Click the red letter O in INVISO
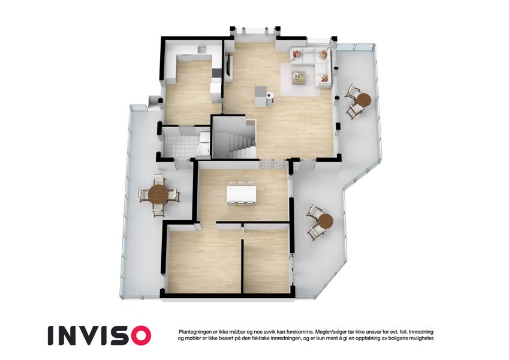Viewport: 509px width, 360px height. [x=138, y=335]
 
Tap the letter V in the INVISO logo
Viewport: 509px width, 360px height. [x=91, y=335]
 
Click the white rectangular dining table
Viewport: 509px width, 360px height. [x=242, y=194]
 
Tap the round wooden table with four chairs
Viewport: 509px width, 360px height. [x=158, y=194]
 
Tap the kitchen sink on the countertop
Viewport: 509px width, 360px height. [x=202, y=49]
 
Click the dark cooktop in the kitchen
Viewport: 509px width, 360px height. [x=217, y=73]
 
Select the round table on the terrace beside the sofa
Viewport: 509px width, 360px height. [x=362, y=100]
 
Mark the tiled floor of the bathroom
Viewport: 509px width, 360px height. [x=180, y=145]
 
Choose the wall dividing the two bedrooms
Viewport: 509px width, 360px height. [x=242, y=266]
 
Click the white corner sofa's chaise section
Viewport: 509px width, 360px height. [x=323, y=73]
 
